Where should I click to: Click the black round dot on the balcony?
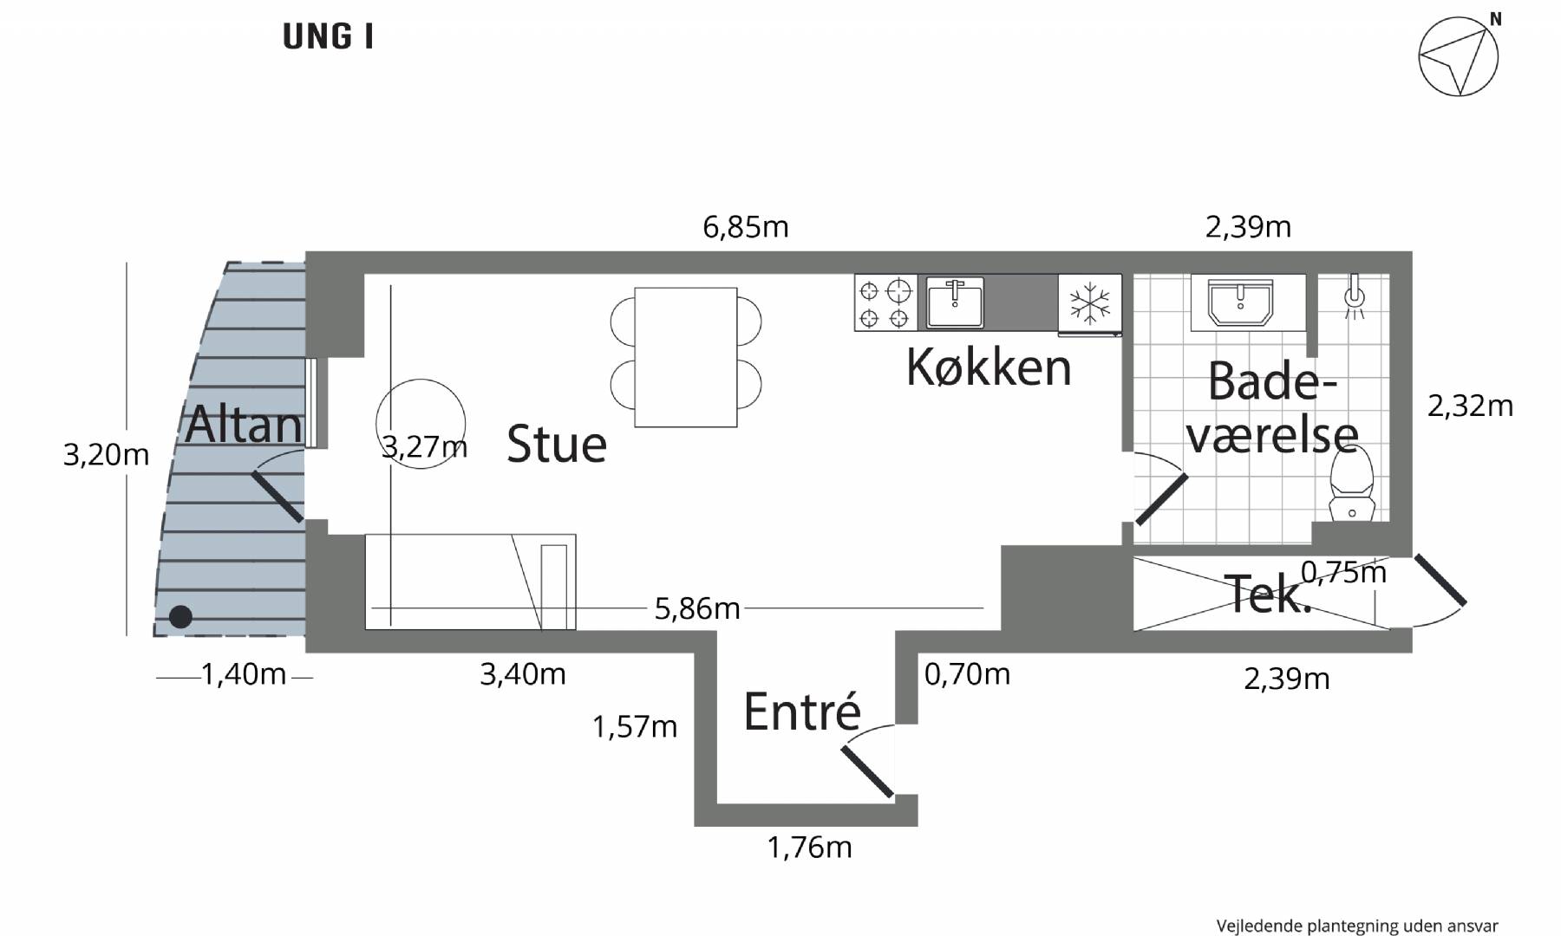pyautogui.click(x=180, y=616)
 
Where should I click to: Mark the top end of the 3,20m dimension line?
pyautogui.click(x=127, y=263)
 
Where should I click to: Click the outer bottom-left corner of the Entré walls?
pyautogui.click(x=695, y=825)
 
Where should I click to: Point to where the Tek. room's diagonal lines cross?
pyautogui.click(x=1262, y=594)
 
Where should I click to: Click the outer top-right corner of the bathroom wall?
pyautogui.click(x=1412, y=252)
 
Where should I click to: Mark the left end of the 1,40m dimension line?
pyautogui.click(x=157, y=677)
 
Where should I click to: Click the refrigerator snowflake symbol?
pyautogui.click(x=1090, y=302)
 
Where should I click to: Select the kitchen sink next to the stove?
pyautogui.click(x=955, y=302)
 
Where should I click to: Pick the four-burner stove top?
pyautogui.click(x=885, y=302)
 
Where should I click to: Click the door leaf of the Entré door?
pyautogui.click(x=868, y=772)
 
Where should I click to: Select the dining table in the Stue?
pyautogui.click(x=686, y=357)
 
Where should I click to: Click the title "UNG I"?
pyautogui.click(x=328, y=37)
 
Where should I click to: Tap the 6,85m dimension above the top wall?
pyautogui.click(x=746, y=227)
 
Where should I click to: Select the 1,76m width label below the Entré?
pyautogui.click(x=809, y=847)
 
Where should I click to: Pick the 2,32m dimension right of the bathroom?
pyautogui.click(x=1470, y=406)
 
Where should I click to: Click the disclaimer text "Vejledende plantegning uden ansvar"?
pyautogui.click(x=1357, y=926)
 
